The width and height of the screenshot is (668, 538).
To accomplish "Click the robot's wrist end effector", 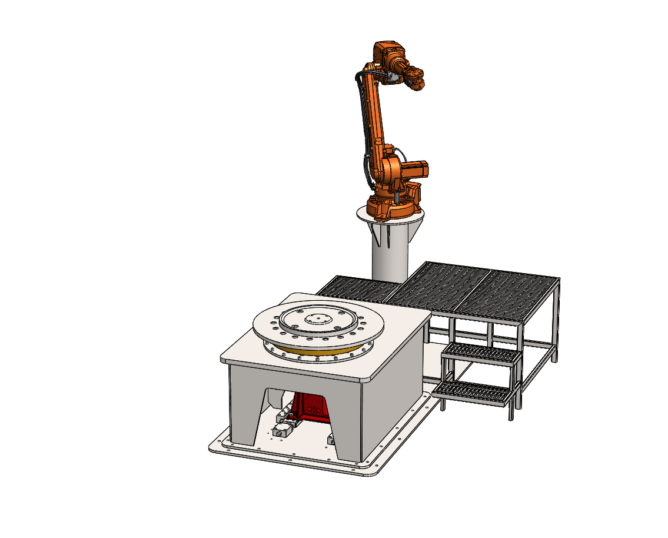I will point(416,80).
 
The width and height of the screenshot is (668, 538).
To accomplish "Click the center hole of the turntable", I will point(318,318).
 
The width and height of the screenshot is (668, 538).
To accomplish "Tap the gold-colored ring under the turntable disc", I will point(318,354).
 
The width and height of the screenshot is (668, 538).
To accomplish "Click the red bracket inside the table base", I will point(310,407).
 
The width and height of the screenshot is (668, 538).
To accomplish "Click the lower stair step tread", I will point(474,392).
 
